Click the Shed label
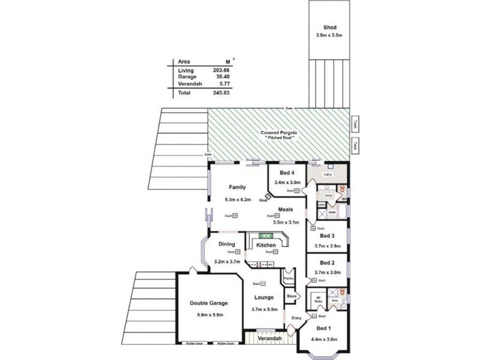[329, 28]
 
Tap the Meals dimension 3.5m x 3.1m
[285, 222]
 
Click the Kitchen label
[266, 245]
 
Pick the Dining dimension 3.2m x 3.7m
[227, 262]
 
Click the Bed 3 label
[327, 236]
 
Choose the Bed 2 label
[327, 263]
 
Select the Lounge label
[263, 298]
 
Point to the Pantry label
[289, 278]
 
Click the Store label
[292, 296]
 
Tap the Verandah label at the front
[269, 338]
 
